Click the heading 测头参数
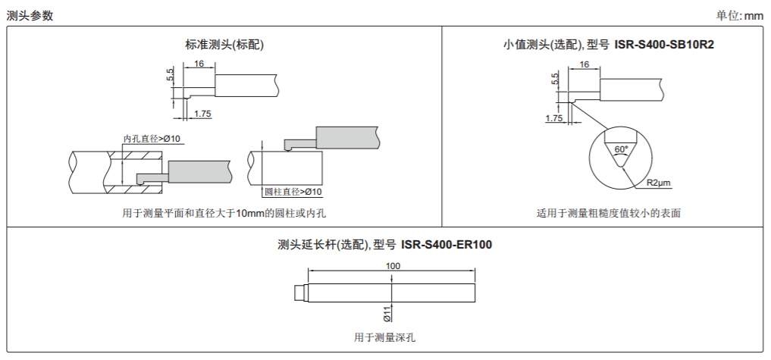pos(30,16)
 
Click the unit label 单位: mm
pos(739,16)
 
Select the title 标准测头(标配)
pos(224,45)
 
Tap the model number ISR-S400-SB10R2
pos(664,45)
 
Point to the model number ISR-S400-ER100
pos(447,245)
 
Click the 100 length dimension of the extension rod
pos(393,266)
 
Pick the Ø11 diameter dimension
pos(387,313)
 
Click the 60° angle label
pos(621,149)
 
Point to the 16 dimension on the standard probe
pos(199,64)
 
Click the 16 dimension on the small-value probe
pos(585,64)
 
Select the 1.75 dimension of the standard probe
pos(202,114)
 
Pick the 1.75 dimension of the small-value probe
pos(553,118)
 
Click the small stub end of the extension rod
pos(301,293)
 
